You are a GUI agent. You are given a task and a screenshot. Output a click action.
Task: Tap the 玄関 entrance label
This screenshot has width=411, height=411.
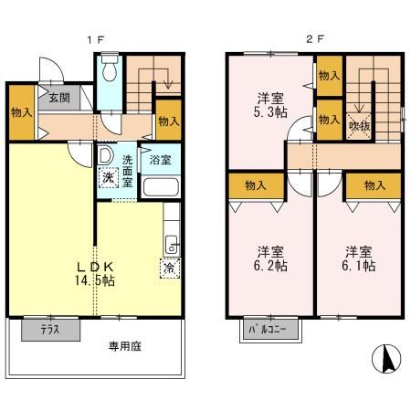(x=59, y=97)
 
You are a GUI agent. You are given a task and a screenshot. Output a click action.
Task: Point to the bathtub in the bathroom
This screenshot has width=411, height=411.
(x=161, y=189)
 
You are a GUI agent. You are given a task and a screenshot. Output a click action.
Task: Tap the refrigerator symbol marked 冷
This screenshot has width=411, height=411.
(x=170, y=269)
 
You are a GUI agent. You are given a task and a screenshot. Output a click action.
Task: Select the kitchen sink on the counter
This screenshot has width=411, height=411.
(x=171, y=244)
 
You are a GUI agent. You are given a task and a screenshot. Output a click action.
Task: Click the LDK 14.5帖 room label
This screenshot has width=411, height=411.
(x=95, y=273)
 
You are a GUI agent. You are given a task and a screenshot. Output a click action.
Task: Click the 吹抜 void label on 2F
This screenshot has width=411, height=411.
(x=359, y=126)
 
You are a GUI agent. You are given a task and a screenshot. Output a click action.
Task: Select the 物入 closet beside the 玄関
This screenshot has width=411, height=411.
(x=21, y=112)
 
